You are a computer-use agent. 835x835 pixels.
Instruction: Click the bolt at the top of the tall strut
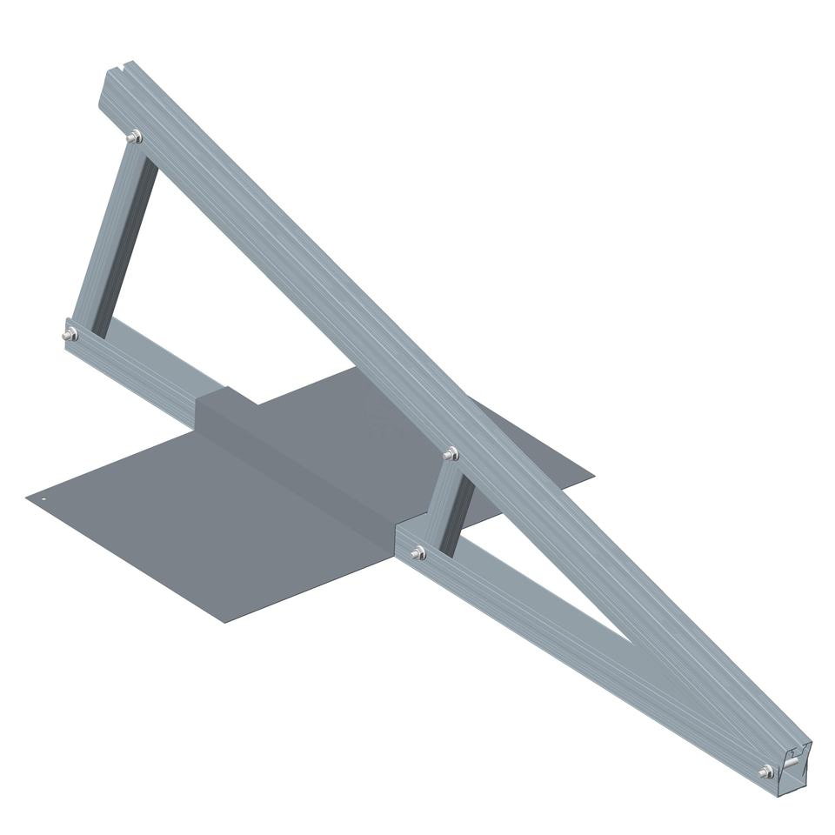tap(134, 137)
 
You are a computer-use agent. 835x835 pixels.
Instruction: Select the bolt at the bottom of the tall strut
tap(70, 335)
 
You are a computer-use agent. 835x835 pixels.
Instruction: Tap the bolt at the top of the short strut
tap(450, 453)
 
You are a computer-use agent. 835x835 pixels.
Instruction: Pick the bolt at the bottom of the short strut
tap(417, 552)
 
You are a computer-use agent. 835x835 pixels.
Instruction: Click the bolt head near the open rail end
tap(765, 772)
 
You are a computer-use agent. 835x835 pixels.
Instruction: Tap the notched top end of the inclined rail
tap(117, 70)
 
